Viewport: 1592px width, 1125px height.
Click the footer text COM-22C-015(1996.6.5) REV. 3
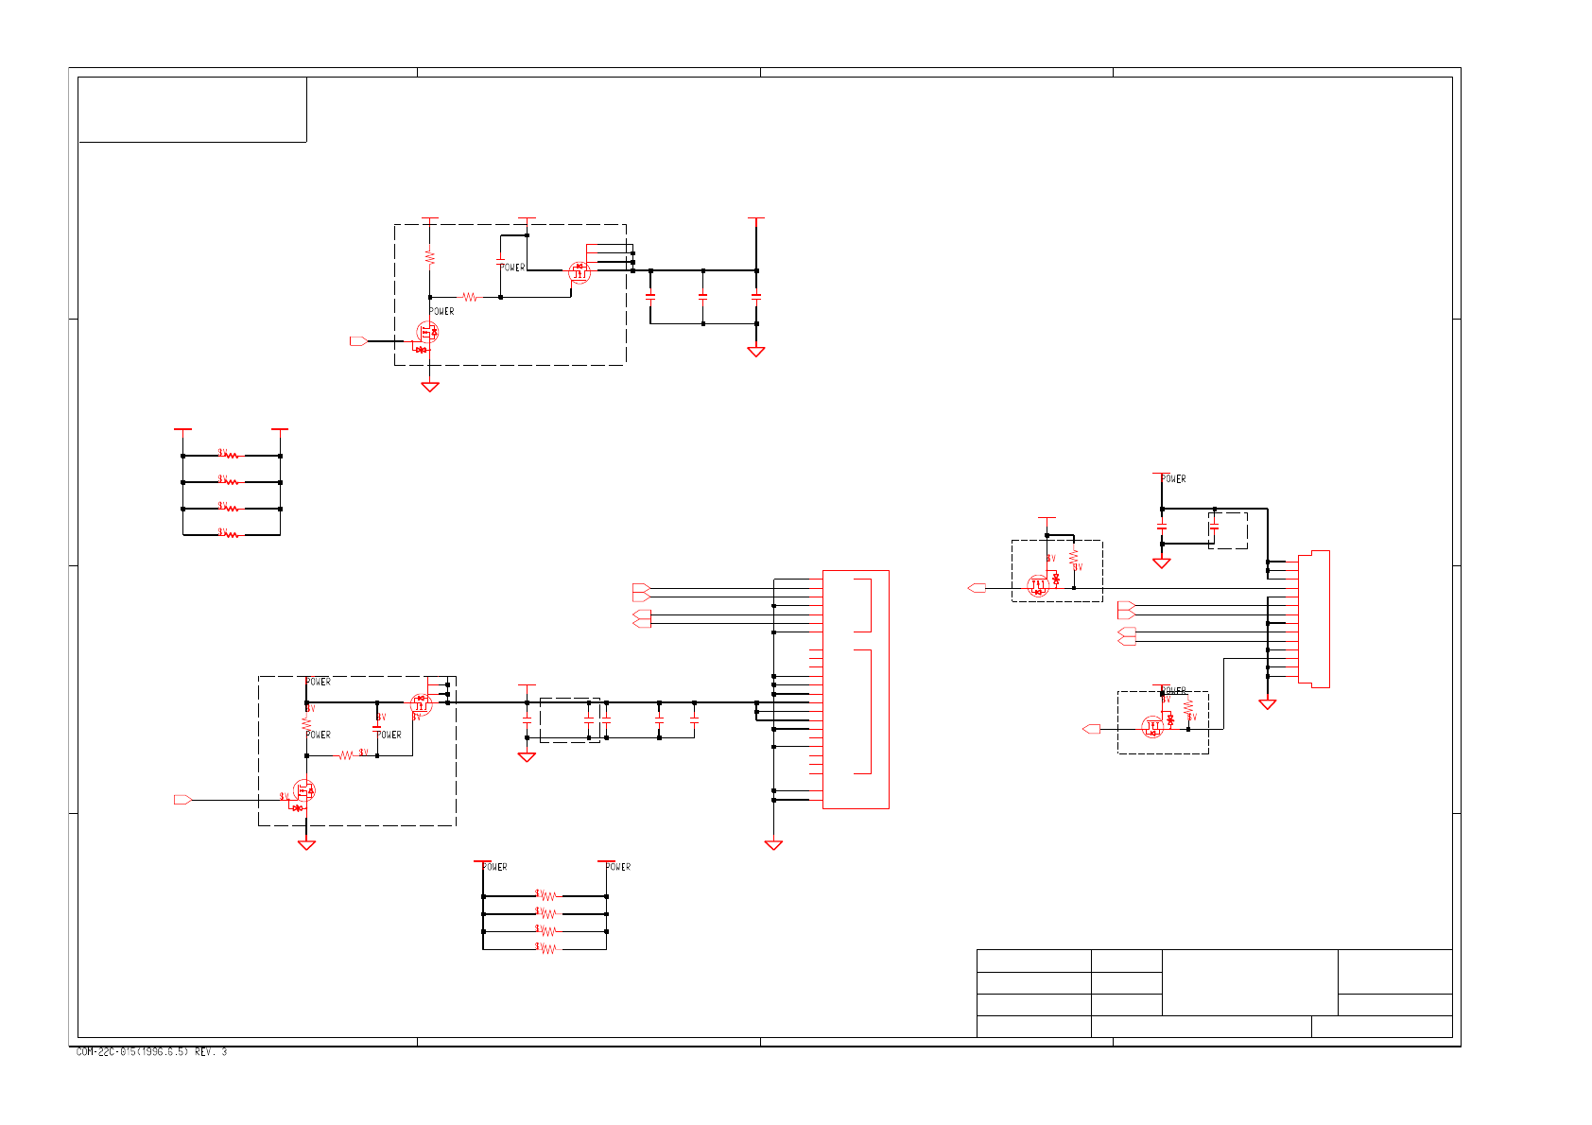pyautogui.click(x=151, y=1052)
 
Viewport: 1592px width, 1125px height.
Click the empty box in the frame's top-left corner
pyautogui.click(x=192, y=110)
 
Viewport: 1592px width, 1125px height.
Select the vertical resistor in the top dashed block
pyautogui.click(x=430, y=257)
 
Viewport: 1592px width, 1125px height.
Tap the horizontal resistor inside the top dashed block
pyautogui.click(x=470, y=297)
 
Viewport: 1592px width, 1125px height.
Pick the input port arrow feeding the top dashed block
pyautogui.click(x=358, y=341)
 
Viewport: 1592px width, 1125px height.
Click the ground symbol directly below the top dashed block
pyautogui.click(x=430, y=387)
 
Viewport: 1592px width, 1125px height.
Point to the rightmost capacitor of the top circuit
pyautogui.click(x=756, y=297)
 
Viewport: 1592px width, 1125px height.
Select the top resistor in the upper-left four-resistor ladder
pyautogui.click(x=232, y=456)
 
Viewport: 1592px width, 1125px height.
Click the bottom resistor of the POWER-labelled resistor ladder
pyautogui.click(x=548, y=948)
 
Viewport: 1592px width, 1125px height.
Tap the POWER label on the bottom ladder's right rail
pyautogui.click(x=618, y=867)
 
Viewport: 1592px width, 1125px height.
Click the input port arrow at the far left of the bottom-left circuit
pyautogui.click(x=182, y=800)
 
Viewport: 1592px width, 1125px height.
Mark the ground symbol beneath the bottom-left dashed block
pyautogui.click(x=306, y=845)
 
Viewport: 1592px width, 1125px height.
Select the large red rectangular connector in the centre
pyautogui.click(x=856, y=689)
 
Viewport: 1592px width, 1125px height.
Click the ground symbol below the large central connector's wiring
pyautogui.click(x=773, y=845)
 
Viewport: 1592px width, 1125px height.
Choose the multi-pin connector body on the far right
pyautogui.click(x=1314, y=619)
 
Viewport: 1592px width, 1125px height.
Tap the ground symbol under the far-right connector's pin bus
pyautogui.click(x=1268, y=704)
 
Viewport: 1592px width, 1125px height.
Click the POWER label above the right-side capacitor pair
pyautogui.click(x=1173, y=479)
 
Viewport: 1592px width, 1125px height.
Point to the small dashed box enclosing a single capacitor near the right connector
pyautogui.click(x=1227, y=530)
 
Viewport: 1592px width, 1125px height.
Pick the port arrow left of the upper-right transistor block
pyautogui.click(x=978, y=588)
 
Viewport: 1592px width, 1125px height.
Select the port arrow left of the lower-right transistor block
pyautogui.click(x=1091, y=729)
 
